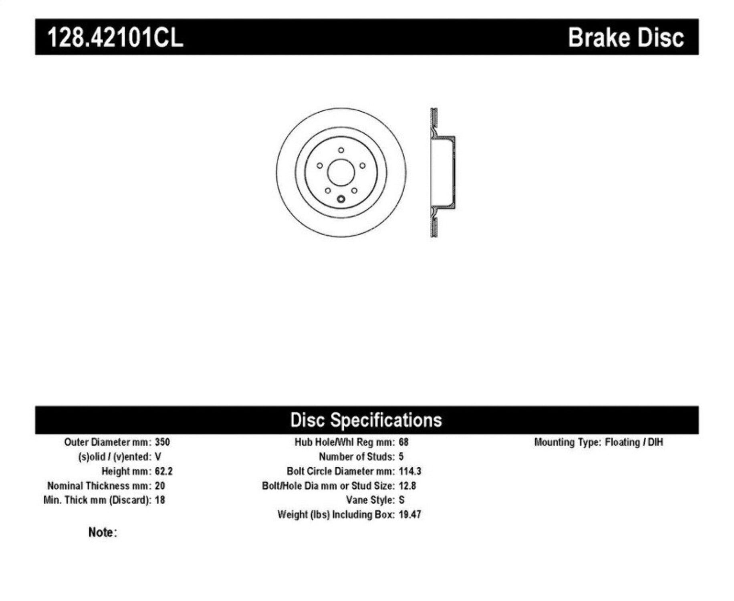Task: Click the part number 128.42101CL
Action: (x=115, y=38)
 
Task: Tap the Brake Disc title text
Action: (x=625, y=38)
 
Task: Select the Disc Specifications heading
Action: (x=366, y=420)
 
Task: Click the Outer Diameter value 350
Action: (x=162, y=442)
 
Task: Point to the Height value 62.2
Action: (x=163, y=471)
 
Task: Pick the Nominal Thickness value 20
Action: (x=160, y=486)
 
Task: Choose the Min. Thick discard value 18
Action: (x=160, y=500)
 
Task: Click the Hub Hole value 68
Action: (x=403, y=442)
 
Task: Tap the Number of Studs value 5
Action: (x=401, y=456)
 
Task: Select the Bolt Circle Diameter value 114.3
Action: (x=410, y=471)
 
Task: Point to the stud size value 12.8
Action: (x=407, y=486)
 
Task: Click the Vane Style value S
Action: (x=401, y=500)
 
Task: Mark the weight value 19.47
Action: (x=410, y=514)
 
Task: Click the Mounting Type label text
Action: (x=567, y=442)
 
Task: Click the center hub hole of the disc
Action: (x=341, y=172)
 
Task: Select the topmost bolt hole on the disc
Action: (x=341, y=150)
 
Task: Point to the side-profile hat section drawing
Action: (x=443, y=172)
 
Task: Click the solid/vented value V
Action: (x=158, y=456)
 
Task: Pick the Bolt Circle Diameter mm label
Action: (x=341, y=471)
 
